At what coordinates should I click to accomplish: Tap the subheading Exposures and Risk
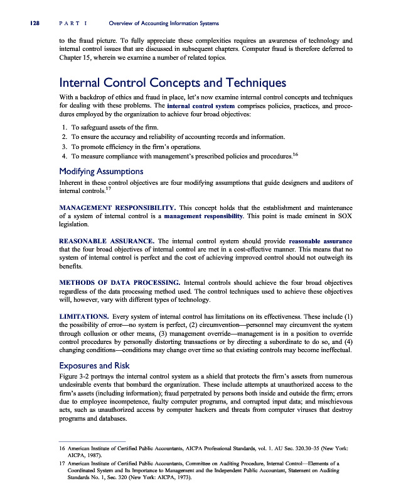(x=94, y=365)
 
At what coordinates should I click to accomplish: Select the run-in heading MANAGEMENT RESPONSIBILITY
(x=116, y=207)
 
